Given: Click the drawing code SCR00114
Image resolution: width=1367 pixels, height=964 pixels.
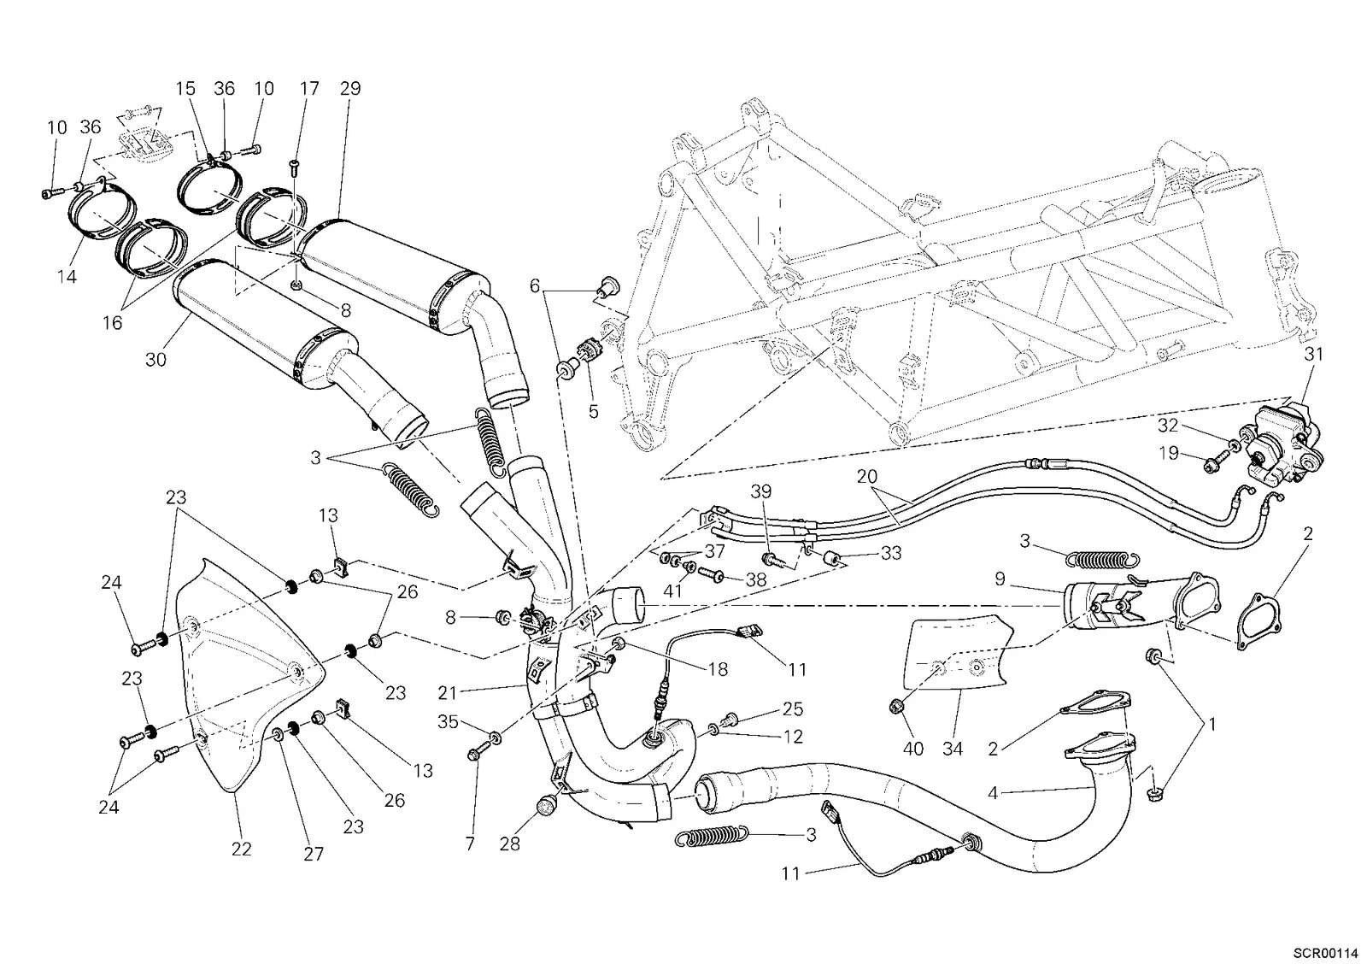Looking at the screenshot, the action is click(1323, 954).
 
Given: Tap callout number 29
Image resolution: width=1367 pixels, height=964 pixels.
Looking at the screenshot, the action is click(350, 89).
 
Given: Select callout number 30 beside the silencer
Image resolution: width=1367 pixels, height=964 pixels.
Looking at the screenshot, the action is click(155, 360).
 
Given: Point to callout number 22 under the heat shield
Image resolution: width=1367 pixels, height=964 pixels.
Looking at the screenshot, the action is click(241, 849).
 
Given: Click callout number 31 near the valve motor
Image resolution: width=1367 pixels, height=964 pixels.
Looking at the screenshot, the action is click(1313, 354).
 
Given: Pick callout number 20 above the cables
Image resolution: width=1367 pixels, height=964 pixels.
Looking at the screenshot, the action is click(866, 476).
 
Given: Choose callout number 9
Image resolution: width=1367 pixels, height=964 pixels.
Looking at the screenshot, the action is click(1000, 579).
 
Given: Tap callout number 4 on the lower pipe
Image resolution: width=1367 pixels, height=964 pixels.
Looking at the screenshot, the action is click(993, 793).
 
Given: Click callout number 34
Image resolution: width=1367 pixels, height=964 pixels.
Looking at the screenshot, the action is click(952, 749).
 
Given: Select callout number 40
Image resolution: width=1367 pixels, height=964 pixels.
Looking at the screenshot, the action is click(913, 749).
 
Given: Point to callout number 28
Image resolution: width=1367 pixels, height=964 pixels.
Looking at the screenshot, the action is click(509, 843).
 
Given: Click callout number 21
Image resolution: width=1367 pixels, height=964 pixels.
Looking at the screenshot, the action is click(448, 693).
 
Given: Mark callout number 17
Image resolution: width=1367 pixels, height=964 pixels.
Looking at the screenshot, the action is click(309, 89).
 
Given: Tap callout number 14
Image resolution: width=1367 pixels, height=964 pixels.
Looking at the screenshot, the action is click(67, 277).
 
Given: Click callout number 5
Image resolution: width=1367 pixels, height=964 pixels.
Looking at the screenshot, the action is click(593, 411).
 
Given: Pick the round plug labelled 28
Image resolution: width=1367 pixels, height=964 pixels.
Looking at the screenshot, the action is click(546, 806).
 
